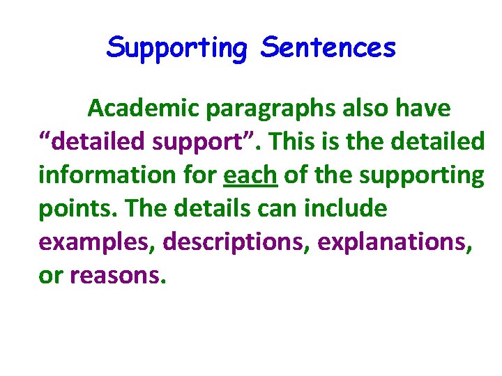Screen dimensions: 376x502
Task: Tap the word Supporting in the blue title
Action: pyautogui.click(x=177, y=49)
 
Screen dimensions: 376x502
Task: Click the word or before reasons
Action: pyautogui.click(x=50, y=276)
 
